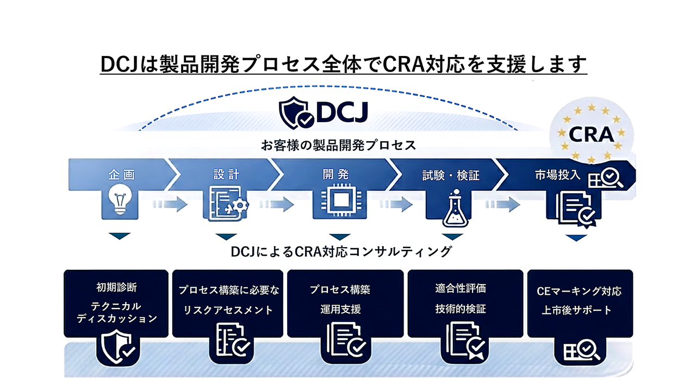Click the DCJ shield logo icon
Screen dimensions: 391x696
296,112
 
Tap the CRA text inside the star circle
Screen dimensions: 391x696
591,134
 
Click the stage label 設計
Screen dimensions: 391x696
226,175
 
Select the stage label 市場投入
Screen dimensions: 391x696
557,175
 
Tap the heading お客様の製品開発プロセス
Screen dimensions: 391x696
338,145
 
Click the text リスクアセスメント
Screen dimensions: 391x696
228,310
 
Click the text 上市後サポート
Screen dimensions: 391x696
576,311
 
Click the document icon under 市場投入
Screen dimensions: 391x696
576,209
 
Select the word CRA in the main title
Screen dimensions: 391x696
406,64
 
